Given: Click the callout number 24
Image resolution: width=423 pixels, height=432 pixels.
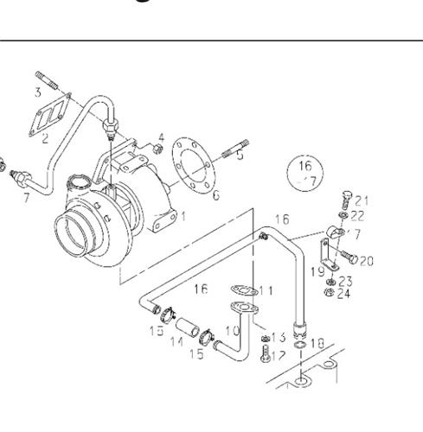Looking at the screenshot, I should click(x=344, y=293).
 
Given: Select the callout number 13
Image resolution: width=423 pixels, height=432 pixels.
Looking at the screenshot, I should click(x=279, y=337).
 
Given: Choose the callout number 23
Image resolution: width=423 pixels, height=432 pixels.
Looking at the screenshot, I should click(x=344, y=281).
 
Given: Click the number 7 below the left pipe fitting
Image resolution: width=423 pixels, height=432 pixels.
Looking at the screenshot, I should click(x=26, y=199).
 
